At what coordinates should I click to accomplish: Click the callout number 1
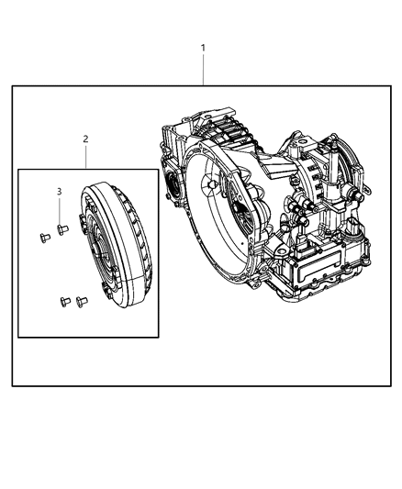coord(203,47)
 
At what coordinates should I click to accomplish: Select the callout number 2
coord(86,139)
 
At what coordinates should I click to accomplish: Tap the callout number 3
coord(60,192)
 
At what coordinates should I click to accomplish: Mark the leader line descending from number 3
coord(60,209)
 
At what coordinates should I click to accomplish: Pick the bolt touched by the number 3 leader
coord(61,229)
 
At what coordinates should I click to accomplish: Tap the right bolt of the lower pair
coord(81,298)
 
